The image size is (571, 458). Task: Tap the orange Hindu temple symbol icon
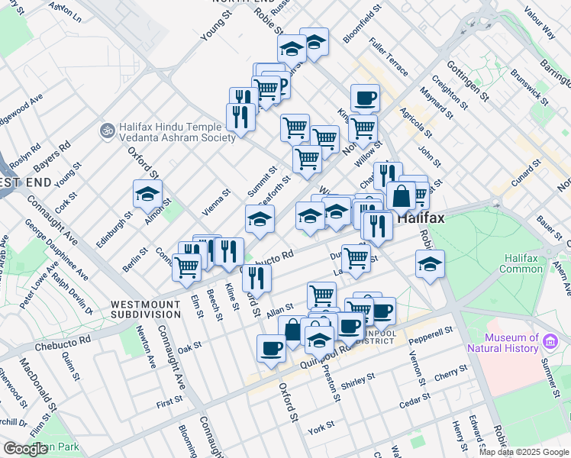point(107,131)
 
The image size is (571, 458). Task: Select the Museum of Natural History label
point(511,343)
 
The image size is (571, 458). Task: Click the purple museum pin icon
point(550,339)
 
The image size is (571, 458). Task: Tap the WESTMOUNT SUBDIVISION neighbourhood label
point(147,309)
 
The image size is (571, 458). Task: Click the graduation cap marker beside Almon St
point(147,194)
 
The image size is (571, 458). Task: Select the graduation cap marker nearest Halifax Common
point(431,266)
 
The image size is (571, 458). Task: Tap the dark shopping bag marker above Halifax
point(401,195)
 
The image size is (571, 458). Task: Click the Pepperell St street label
point(431,334)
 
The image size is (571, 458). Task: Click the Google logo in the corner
point(26,449)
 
